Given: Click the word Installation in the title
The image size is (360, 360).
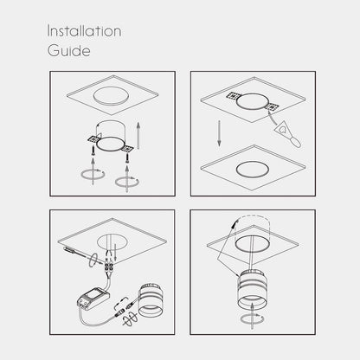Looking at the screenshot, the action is click(x=84, y=31).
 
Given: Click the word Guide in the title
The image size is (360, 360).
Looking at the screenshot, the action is click(x=69, y=50).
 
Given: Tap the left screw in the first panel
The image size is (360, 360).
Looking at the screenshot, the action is click(x=93, y=150).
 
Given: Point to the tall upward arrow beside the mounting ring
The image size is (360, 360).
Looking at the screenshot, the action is click(x=138, y=136).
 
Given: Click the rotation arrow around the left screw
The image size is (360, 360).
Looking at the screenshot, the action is click(x=93, y=175).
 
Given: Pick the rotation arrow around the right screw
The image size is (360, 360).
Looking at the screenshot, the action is click(x=127, y=182).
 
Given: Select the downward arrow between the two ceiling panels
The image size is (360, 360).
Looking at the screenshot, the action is click(x=219, y=133).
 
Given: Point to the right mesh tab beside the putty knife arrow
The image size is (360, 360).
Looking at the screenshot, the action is click(x=272, y=107).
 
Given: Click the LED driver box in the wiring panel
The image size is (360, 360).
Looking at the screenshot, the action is click(x=93, y=299).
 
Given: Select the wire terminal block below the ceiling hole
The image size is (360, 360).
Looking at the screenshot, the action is click(x=109, y=267).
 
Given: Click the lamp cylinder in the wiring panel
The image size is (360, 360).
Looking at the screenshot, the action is click(x=151, y=300).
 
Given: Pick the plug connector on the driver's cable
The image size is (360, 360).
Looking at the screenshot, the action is click(x=119, y=313).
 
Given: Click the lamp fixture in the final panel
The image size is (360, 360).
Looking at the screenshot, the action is click(x=253, y=289).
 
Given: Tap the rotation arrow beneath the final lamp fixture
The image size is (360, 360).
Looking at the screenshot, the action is click(x=253, y=319).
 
